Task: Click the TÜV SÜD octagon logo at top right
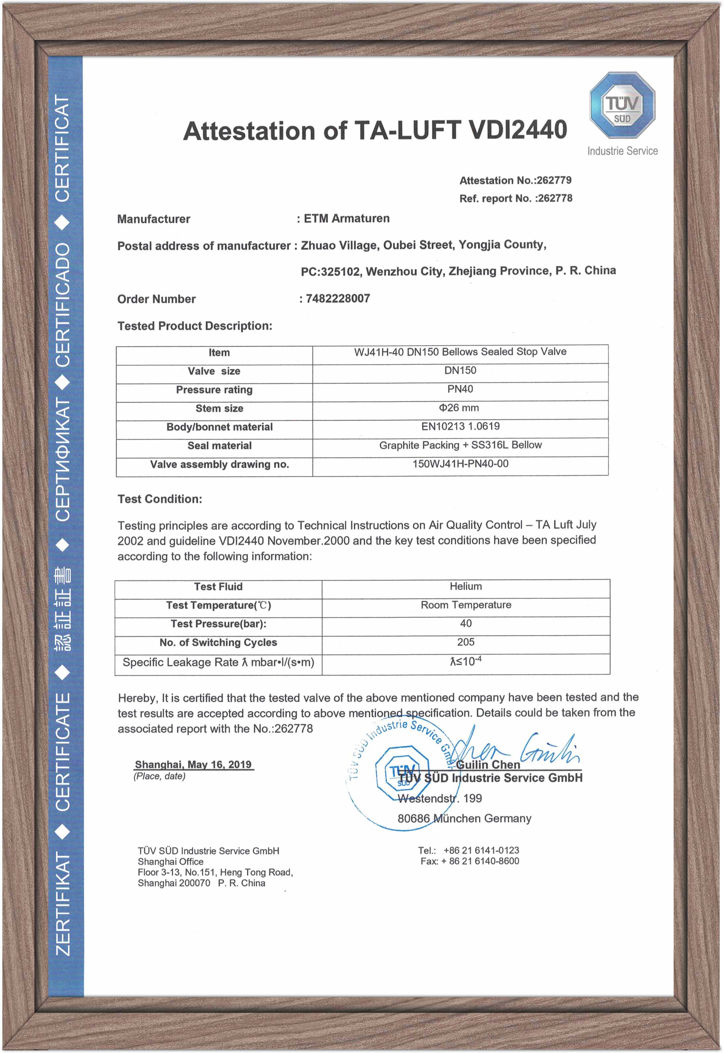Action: (x=622, y=105)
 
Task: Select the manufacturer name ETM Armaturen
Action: (x=346, y=219)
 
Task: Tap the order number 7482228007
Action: (x=337, y=298)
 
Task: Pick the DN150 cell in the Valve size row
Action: (x=460, y=371)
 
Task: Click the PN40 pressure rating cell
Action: (x=460, y=389)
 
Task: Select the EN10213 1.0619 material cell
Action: (x=460, y=426)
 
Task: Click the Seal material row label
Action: (x=219, y=446)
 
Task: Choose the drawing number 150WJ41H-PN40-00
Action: (x=460, y=464)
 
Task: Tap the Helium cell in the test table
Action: (x=465, y=587)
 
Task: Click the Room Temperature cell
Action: (x=465, y=605)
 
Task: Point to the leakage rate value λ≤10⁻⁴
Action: (x=465, y=661)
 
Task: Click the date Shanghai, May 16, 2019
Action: (x=193, y=765)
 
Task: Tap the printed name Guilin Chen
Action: (x=488, y=765)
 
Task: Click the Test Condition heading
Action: (x=160, y=499)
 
